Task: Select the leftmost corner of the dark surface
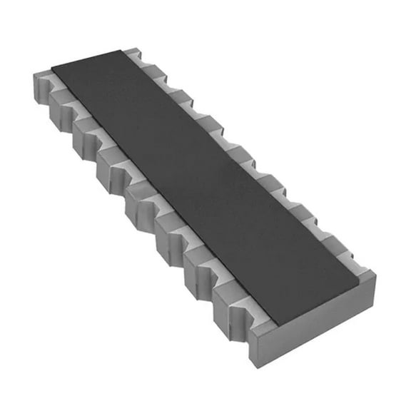pyautogui.click(x=51, y=68)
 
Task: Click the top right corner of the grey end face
pyautogui.click(x=375, y=274)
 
